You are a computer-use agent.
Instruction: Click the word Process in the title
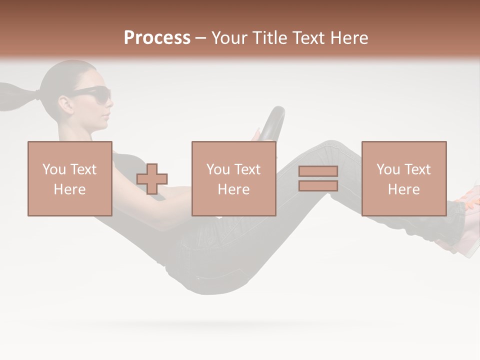pos(157,38)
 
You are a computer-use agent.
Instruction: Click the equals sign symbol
pos(318,178)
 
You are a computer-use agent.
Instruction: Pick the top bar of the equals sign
pos(318,171)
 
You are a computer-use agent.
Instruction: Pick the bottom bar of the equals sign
pos(318,186)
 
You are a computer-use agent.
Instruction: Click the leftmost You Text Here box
pos(69,178)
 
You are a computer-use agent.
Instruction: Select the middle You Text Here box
pos(233,178)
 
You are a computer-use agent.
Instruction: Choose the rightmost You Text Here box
pos(403,178)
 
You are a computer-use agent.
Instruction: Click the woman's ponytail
pos(17,96)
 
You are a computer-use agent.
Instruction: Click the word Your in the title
pos(230,38)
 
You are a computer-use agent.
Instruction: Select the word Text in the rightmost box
pos(417,169)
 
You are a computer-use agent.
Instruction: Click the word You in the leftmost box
pos(54,169)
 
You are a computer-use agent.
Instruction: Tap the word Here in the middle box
pos(233,189)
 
